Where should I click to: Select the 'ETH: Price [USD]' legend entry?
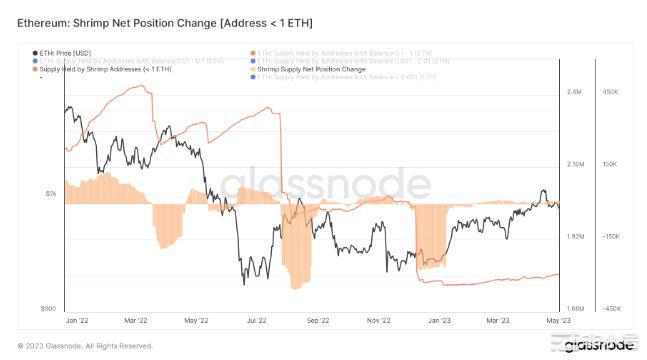pyautogui.click(x=67, y=52)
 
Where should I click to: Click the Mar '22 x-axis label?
pyautogui.click(x=137, y=321)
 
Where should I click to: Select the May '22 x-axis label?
pyautogui.click(x=197, y=321)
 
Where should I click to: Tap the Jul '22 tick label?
pyautogui.click(x=257, y=321)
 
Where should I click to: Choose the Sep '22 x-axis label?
pyautogui.click(x=318, y=321)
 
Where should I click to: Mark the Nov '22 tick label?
pyautogui.click(x=378, y=321)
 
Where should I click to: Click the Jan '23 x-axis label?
pyautogui.click(x=438, y=321)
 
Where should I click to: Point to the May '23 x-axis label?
pyautogui.click(x=558, y=321)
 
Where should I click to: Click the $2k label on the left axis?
pyautogui.click(x=50, y=193)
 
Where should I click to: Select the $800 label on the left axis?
pyautogui.click(x=48, y=309)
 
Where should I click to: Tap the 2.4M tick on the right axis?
pyautogui.click(x=574, y=92)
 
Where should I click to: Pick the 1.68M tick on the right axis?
pyautogui.click(x=576, y=309)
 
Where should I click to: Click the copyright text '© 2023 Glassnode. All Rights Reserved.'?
pyautogui.click(x=85, y=346)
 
